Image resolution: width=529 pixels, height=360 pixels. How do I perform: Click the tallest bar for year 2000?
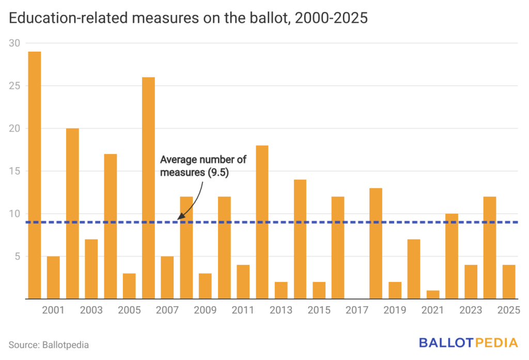(x=35, y=176)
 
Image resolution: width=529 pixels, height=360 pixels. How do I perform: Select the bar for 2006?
(x=148, y=188)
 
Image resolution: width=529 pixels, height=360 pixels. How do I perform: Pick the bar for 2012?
(x=262, y=222)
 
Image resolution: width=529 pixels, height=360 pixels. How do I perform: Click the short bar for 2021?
(x=433, y=294)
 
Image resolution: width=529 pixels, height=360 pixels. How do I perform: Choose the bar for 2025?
(x=509, y=281)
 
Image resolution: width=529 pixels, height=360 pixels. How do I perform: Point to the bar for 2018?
(x=376, y=243)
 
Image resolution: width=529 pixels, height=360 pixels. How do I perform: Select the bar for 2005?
(x=129, y=286)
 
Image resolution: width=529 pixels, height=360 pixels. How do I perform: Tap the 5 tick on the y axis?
(x=17, y=256)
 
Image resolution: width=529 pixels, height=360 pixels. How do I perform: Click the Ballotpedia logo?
(x=469, y=342)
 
